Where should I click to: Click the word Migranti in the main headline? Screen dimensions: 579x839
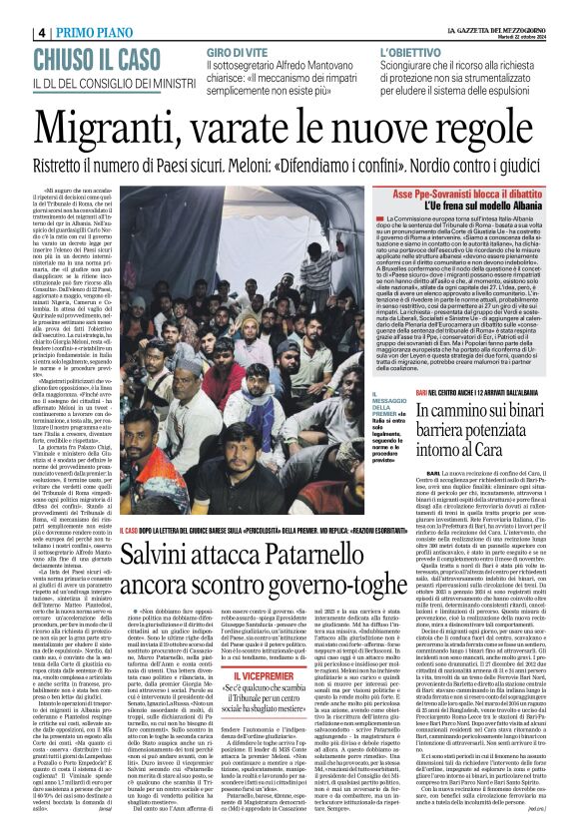140,99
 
